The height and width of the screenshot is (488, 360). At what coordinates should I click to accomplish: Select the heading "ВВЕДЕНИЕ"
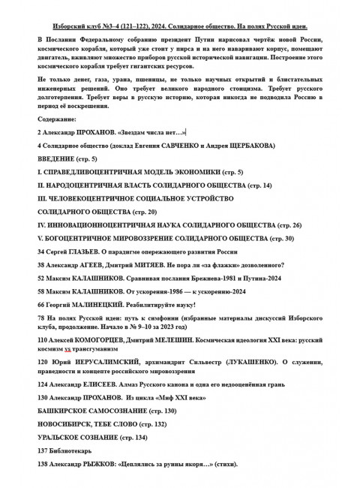pos(58,160)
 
